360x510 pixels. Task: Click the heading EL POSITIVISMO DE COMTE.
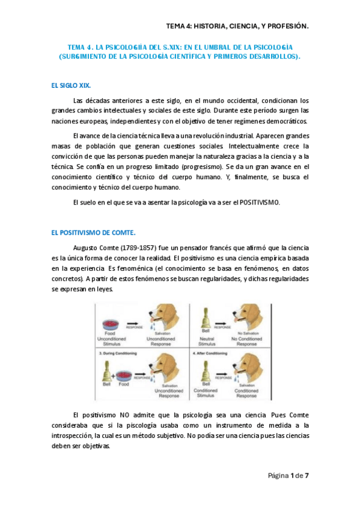94,232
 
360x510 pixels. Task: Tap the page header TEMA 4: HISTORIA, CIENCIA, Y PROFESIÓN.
237,26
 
